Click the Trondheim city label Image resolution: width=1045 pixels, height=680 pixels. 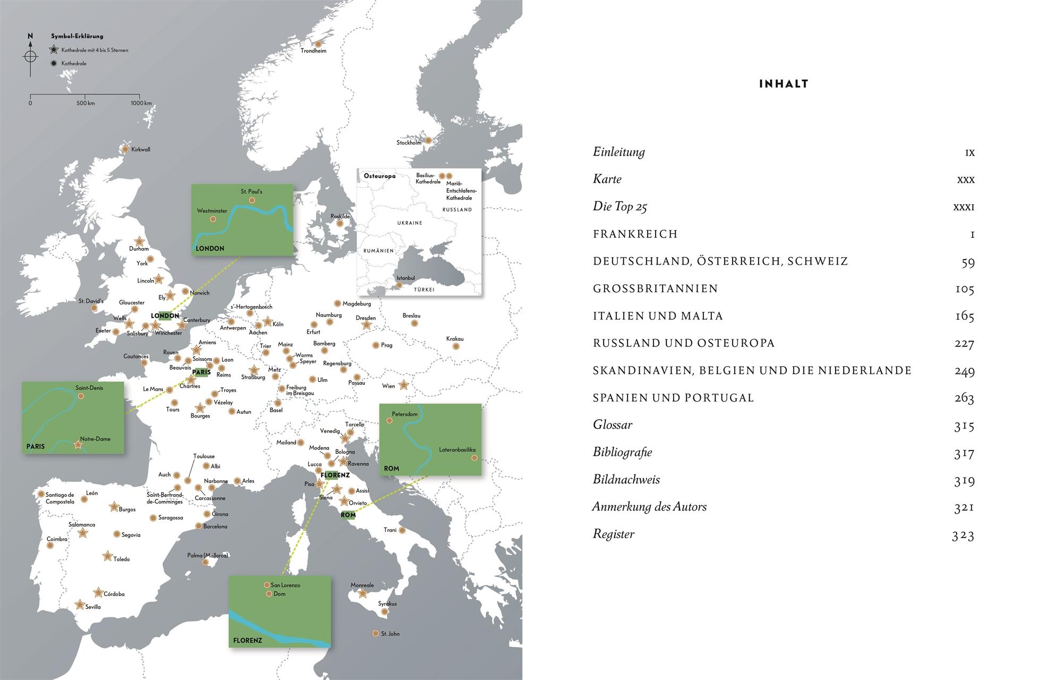pos(313,51)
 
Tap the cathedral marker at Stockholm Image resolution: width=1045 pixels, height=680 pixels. pos(428,141)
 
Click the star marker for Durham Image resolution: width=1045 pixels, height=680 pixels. pos(140,242)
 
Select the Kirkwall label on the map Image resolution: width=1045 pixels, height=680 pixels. pos(141,150)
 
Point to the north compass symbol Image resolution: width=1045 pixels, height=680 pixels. pos(30,55)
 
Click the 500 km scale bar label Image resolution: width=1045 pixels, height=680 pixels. pos(85,103)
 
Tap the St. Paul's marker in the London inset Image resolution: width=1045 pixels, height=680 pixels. pos(252,200)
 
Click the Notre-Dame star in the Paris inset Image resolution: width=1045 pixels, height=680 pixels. pos(78,445)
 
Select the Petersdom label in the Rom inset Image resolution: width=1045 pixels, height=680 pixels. pos(405,414)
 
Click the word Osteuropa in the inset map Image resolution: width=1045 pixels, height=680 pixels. pos(379,176)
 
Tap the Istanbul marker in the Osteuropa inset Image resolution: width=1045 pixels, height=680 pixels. pos(400,285)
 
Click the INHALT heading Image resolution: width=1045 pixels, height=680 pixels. pos(784,84)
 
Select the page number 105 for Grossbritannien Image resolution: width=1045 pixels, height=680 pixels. pos(964,290)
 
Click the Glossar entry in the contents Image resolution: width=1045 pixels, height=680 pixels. pos(613,425)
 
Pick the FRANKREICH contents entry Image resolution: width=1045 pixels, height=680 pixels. pos(635,234)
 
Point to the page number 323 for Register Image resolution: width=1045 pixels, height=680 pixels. pos(963,535)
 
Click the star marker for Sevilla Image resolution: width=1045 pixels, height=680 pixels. pos(80,605)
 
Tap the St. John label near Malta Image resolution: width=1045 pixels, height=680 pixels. pos(390,634)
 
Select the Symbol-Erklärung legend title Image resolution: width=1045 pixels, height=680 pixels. pos(77,36)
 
